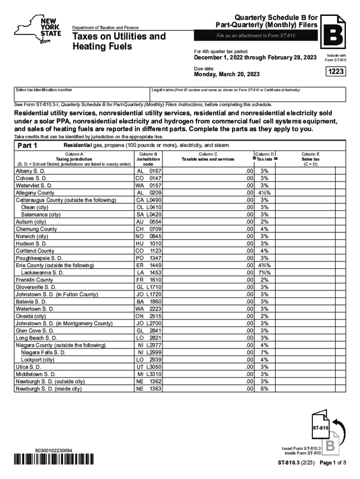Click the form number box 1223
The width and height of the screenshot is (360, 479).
coord(335,72)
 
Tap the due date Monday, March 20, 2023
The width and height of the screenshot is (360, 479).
coord(227,74)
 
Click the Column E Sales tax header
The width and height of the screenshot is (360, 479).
coord(310,159)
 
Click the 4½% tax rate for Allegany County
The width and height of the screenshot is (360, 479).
coord(265,192)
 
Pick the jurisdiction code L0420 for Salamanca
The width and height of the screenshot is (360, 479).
coord(149,214)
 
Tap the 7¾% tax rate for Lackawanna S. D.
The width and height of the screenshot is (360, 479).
coord(265,273)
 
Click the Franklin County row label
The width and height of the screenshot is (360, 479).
coord(35,280)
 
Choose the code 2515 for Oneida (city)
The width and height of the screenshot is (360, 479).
coord(149,316)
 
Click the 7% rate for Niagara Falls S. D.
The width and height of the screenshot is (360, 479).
coord(265,352)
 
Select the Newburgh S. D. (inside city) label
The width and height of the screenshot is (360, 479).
coord(49,389)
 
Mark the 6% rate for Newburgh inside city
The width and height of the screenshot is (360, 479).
coord(265,389)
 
